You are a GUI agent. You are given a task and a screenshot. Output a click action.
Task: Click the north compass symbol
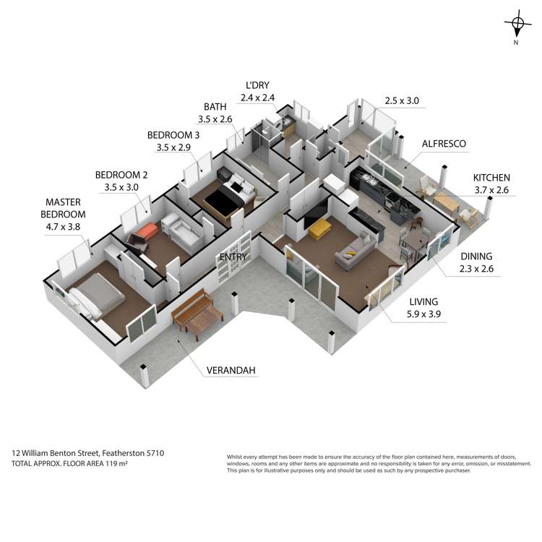pyautogui.click(x=517, y=24)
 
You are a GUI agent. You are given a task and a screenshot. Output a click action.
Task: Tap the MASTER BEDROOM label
pyautogui.click(x=63, y=208)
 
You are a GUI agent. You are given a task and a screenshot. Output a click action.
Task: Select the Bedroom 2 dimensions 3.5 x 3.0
pyautogui.click(x=121, y=187)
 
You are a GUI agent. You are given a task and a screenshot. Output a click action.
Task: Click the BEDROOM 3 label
pyautogui.click(x=173, y=135)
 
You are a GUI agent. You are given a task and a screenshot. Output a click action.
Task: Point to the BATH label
pyautogui.click(x=215, y=107)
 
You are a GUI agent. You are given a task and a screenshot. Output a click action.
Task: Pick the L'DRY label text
pyautogui.click(x=257, y=85)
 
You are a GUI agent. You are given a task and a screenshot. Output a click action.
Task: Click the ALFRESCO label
pyautogui.click(x=444, y=144)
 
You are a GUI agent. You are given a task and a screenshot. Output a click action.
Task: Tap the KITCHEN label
pyautogui.click(x=491, y=178)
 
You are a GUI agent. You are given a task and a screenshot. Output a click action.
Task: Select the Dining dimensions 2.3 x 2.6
pyautogui.click(x=476, y=269)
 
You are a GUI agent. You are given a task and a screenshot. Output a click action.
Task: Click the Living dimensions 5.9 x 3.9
pyautogui.click(x=423, y=314)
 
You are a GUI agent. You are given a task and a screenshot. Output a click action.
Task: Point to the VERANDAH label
pyautogui.click(x=231, y=371)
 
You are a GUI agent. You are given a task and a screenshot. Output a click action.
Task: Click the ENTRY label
pyautogui.click(x=233, y=257)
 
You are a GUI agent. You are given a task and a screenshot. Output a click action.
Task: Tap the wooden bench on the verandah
pyautogui.click(x=197, y=314)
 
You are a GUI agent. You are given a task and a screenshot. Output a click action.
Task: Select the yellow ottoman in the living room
pyautogui.click(x=319, y=230)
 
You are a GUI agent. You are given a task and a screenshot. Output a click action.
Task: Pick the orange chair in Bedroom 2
pyautogui.click(x=143, y=234)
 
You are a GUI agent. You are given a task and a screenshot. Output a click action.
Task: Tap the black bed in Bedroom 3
pyautogui.click(x=228, y=196)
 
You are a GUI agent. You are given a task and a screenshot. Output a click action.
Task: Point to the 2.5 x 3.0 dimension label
pyautogui.click(x=402, y=101)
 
